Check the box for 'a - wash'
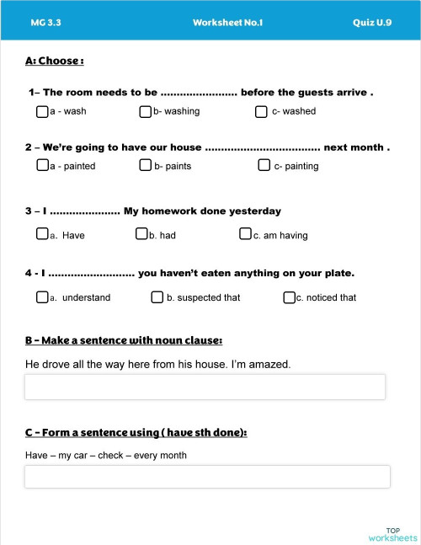pos(42,110)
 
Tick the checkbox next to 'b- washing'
pos(146,110)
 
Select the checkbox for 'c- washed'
pos(263,110)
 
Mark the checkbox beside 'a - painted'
pos(42,165)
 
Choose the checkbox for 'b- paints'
pos(146,165)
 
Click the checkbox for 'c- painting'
pos(264,165)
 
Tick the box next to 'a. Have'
pos(42,234)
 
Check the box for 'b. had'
pos(141,234)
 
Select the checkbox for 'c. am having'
pos(245,234)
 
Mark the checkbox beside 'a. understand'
pos(42,297)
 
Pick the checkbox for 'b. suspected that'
pos(157,297)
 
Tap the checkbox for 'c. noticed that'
pos(289,297)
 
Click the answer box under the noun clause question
pos(205,387)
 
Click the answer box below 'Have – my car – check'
pos(207,476)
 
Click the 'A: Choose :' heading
pos(55,61)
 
